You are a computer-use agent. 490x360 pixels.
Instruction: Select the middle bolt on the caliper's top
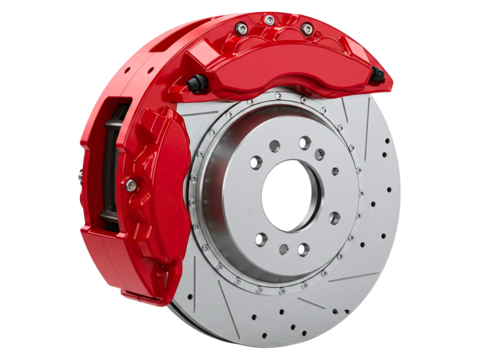(x=270, y=19)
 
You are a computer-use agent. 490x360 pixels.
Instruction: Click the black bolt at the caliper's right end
(x=375, y=78)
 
